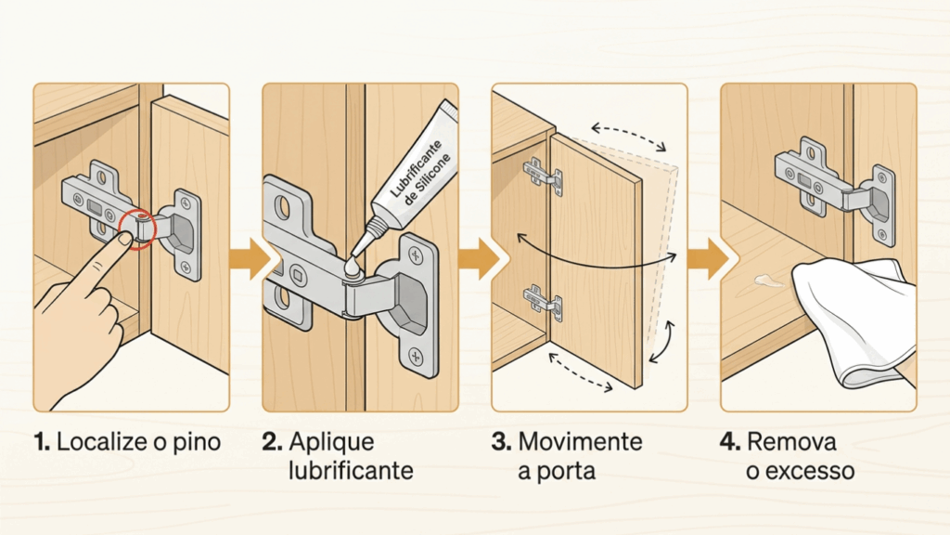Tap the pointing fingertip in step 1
125,239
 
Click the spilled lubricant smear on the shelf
768,281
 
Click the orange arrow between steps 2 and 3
478,259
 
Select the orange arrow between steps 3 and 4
707,259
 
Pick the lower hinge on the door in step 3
542,301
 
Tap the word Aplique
331,443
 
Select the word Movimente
580,441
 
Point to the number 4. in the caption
730,441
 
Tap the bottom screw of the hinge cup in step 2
417,357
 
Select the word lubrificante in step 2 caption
351,471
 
